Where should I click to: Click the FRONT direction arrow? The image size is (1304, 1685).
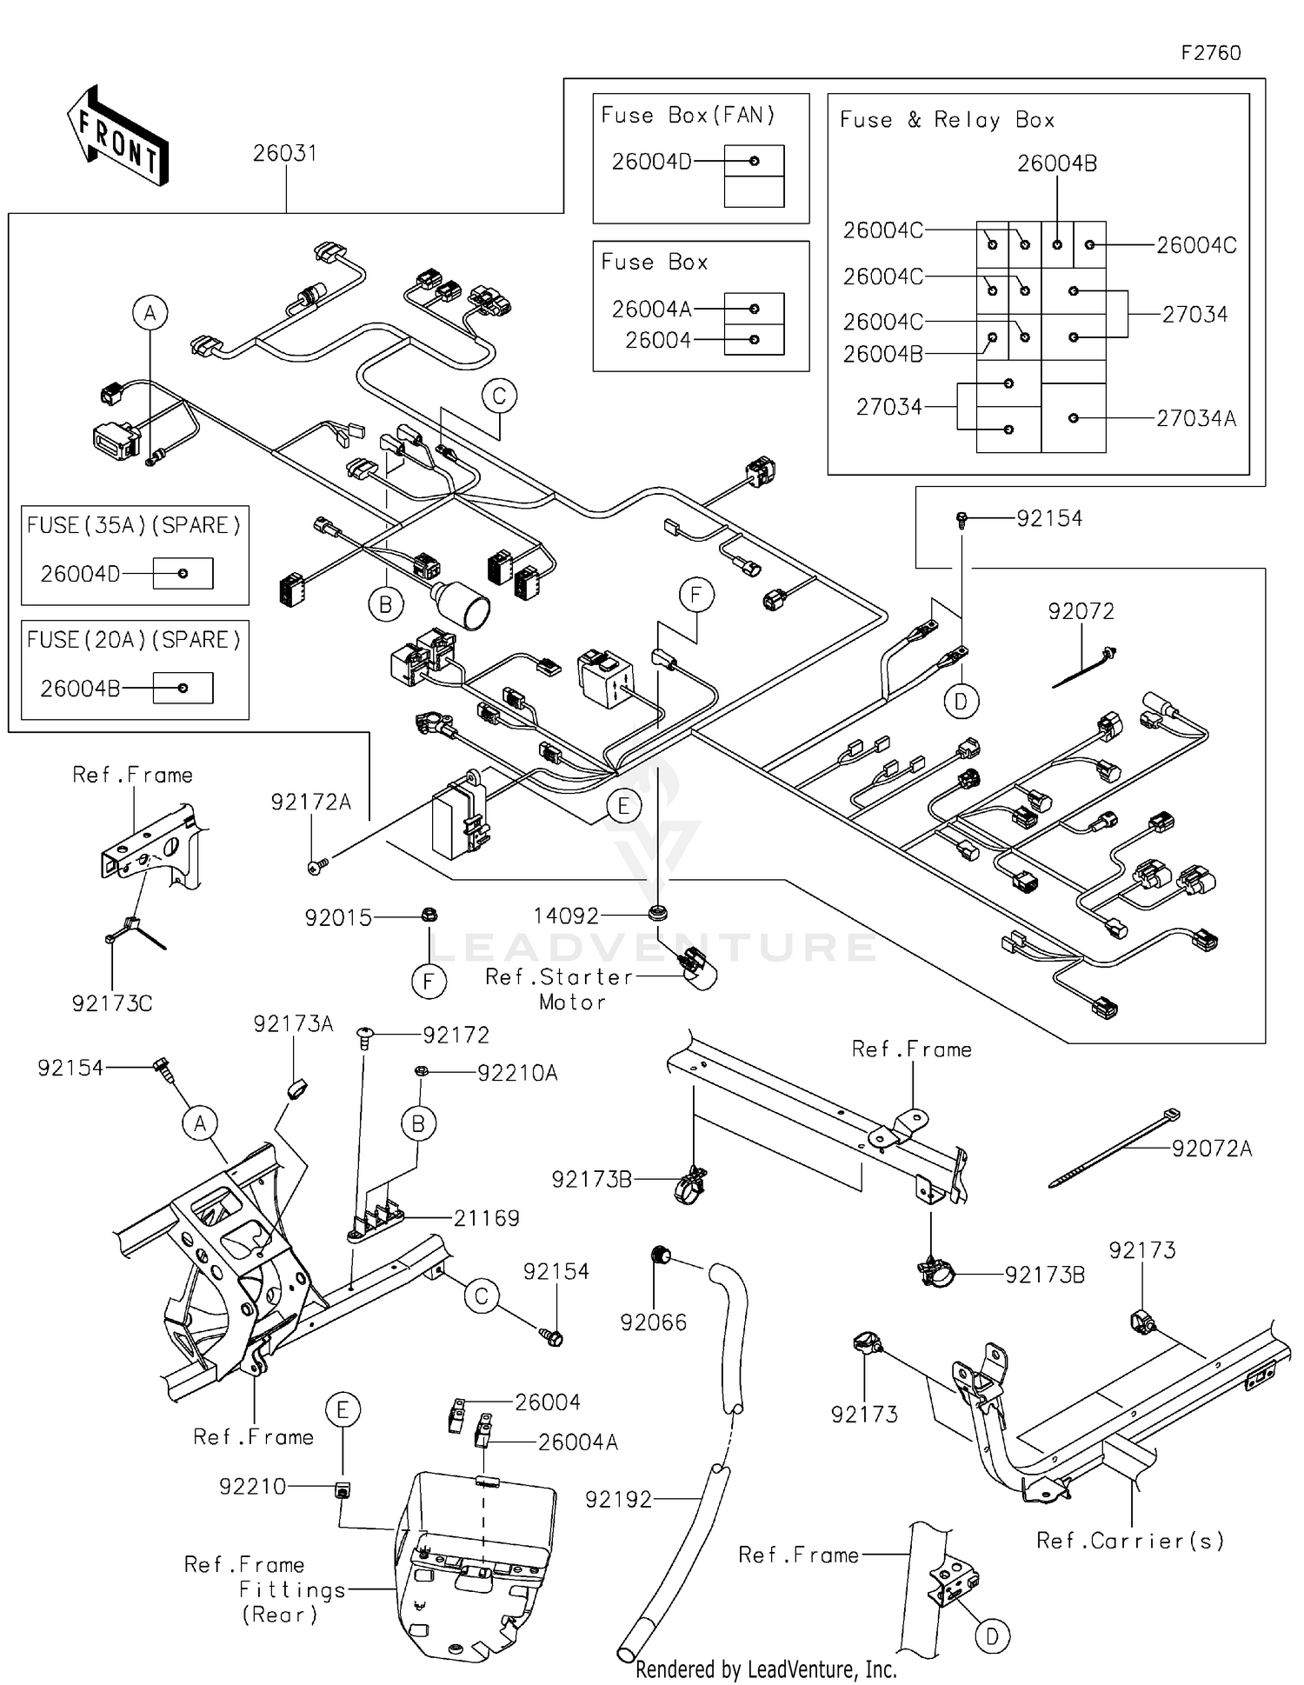click(117, 137)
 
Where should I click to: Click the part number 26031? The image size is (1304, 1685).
click(284, 154)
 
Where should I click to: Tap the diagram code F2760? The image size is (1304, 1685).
click(1210, 53)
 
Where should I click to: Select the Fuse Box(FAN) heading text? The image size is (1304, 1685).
click(688, 116)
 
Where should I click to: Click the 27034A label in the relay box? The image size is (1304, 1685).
click(1195, 419)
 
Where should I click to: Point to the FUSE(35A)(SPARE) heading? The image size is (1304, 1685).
click(134, 526)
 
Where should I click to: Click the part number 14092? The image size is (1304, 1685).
click(566, 916)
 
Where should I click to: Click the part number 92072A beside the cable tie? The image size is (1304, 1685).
click(1212, 1149)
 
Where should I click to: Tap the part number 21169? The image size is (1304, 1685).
click(486, 1219)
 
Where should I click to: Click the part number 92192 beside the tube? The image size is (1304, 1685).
click(618, 1500)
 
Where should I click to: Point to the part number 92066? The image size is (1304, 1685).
click(653, 1322)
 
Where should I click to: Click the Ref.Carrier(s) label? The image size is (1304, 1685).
click(1130, 1542)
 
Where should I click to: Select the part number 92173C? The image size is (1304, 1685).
click(111, 1004)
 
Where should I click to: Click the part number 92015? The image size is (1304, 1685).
click(338, 918)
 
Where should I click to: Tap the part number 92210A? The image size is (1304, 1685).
click(517, 1074)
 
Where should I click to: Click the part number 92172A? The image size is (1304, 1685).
click(310, 803)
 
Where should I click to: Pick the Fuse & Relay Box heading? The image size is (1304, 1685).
click(947, 120)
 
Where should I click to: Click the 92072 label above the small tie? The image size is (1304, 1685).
click(1081, 612)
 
